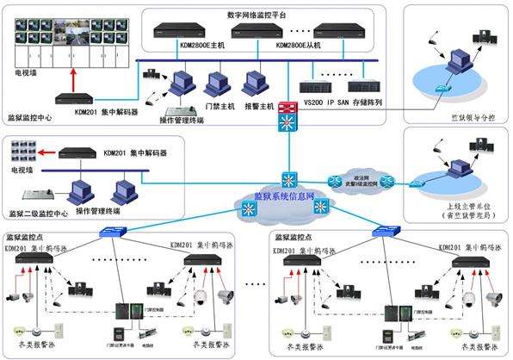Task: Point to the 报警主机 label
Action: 258,106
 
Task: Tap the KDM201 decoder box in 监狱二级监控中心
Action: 82,153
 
